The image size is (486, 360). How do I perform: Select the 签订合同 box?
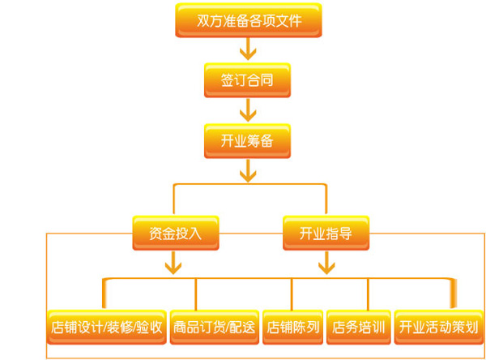249,80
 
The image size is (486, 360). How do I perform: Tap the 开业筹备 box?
249,140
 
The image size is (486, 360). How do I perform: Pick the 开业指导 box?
325,234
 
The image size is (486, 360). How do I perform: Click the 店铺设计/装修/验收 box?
106,327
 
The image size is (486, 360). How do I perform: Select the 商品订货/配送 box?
214,327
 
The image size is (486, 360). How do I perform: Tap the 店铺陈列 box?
292,327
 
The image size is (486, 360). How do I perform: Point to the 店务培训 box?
356,327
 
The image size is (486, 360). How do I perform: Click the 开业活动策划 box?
437,327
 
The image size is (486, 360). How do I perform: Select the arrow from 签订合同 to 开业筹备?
249,110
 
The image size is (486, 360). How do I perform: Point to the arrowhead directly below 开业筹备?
249,173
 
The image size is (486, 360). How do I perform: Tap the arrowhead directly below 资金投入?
173,264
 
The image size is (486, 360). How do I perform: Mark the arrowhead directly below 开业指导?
325,264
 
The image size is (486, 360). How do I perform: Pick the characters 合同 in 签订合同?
262,80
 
